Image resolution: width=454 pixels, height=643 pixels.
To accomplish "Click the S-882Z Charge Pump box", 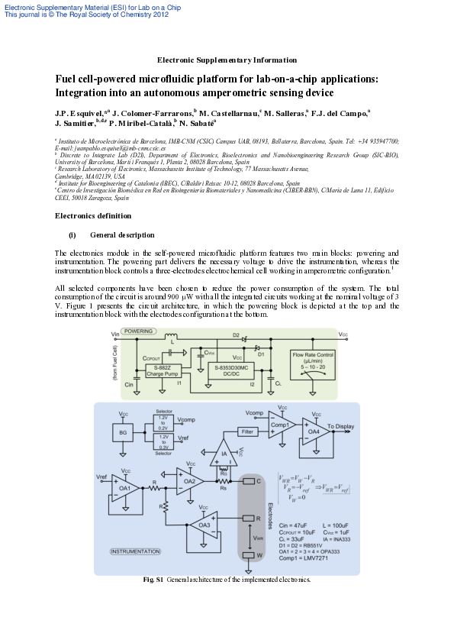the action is (161, 371).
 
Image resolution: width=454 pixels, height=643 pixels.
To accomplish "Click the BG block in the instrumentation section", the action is (124, 434).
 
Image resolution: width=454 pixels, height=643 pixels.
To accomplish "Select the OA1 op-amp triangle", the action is (125, 486).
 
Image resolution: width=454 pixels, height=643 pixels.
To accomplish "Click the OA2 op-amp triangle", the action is (189, 480).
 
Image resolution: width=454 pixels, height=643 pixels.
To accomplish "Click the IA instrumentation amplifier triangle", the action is (224, 456).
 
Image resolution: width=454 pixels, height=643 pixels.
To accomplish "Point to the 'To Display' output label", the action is (340, 425).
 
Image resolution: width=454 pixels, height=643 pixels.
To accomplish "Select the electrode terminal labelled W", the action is (249, 555).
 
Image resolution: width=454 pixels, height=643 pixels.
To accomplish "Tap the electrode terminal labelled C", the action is (249, 482).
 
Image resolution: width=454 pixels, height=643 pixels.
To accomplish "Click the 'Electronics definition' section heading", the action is (89, 215).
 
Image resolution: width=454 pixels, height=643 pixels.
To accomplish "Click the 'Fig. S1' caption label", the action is (153, 580).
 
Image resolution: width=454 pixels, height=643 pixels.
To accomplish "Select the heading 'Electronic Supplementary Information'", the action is (227, 60).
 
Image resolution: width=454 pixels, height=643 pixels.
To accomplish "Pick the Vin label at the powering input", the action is (115, 334).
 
